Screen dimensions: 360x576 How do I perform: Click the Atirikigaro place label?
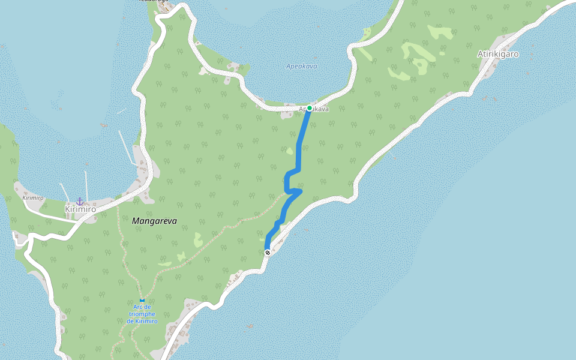click(498, 54)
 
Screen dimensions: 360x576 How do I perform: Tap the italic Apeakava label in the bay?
click(301, 67)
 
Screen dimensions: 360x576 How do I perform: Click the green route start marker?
click(310, 108)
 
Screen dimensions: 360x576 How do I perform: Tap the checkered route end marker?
click(268, 253)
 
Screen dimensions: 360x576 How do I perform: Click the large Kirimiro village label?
click(80, 209)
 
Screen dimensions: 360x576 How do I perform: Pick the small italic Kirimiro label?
click(33, 197)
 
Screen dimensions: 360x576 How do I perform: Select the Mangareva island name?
click(154, 221)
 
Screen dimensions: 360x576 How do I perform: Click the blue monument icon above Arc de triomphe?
click(142, 301)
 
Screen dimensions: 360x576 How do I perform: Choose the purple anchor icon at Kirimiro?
click(79, 201)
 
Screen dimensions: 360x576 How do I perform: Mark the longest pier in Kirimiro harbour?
click(126, 147)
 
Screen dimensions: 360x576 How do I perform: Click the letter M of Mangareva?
click(135, 221)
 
